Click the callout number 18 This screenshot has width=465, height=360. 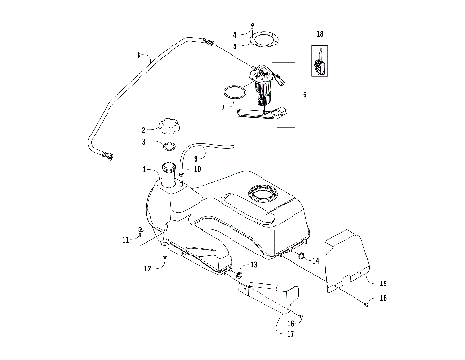click(320, 34)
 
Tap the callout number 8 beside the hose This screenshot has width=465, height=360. click(139, 56)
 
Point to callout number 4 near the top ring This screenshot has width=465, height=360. click(221, 35)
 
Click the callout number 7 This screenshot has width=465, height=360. click(225, 108)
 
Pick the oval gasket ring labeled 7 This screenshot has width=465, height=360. click(235, 94)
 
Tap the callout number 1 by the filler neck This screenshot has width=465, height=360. click(145, 169)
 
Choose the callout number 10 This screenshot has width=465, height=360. click(198, 169)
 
